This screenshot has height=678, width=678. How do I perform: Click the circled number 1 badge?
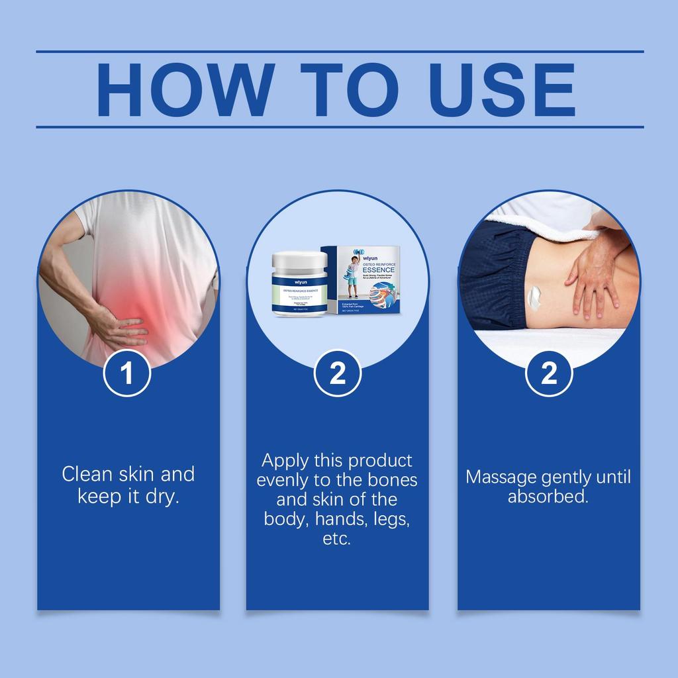pyautogui.click(x=127, y=373)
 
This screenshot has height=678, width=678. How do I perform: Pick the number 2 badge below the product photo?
pyautogui.click(x=338, y=373)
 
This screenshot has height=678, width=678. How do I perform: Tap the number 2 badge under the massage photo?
pyautogui.click(x=549, y=373)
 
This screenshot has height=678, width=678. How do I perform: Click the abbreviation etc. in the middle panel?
pyautogui.click(x=336, y=538)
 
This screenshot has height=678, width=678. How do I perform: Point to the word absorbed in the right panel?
pyautogui.click(x=548, y=497)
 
